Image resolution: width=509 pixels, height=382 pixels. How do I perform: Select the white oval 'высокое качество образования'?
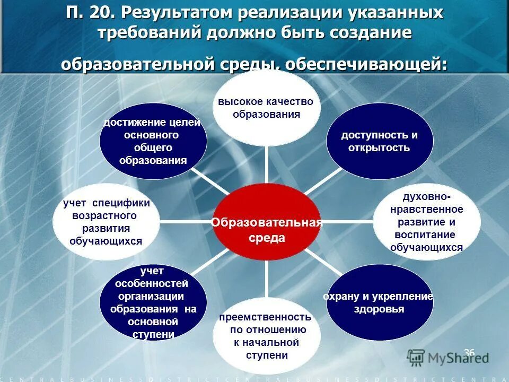266,108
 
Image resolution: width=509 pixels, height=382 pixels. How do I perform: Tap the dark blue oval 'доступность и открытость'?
379,141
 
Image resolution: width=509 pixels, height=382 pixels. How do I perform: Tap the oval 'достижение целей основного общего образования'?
153,142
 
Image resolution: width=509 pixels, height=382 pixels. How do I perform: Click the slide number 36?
469,353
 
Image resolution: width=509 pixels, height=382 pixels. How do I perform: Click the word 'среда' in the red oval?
267,238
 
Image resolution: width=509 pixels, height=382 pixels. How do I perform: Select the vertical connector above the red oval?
267,164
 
